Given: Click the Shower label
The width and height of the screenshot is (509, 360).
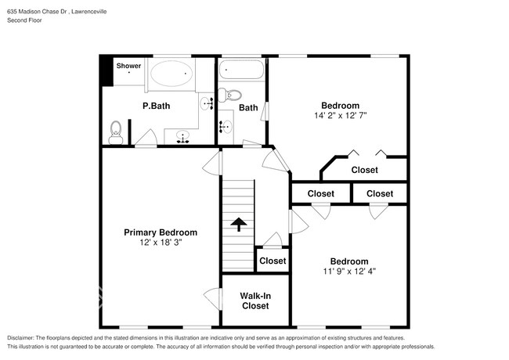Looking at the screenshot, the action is [x=128, y=66].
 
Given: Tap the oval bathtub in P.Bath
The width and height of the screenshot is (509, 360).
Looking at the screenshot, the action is [x=171, y=74].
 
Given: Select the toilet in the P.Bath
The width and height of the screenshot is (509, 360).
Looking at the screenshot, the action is [x=116, y=132].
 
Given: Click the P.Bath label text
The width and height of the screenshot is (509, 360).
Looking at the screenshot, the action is [x=156, y=106].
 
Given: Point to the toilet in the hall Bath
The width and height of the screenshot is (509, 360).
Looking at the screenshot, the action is [x=230, y=95].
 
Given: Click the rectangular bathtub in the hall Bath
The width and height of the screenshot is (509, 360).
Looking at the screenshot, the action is [x=241, y=70].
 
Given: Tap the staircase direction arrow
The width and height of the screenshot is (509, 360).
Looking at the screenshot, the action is [x=239, y=224].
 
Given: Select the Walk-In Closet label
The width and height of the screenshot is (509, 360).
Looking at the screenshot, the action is [x=255, y=301].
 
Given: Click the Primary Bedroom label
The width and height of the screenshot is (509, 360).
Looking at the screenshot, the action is [x=161, y=232].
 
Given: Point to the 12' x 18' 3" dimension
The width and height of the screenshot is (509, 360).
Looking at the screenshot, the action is [x=161, y=243].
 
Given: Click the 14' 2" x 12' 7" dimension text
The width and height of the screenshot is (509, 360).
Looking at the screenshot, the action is [x=340, y=116].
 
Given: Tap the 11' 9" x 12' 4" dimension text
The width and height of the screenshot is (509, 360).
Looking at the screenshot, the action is [x=349, y=271].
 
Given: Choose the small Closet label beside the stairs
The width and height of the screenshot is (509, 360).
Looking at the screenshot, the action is [x=273, y=261].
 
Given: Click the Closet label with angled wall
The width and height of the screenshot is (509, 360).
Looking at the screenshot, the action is [x=365, y=170].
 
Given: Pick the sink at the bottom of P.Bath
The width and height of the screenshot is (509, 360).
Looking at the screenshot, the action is [x=182, y=137].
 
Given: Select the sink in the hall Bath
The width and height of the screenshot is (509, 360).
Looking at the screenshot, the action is [x=226, y=127].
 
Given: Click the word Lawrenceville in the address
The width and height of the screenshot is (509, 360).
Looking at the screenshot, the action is [x=89, y=12].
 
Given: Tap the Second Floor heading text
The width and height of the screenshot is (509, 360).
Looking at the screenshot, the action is [x=25, y=20].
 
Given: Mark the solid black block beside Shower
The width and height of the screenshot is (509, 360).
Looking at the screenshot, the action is [x=106, y=70].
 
